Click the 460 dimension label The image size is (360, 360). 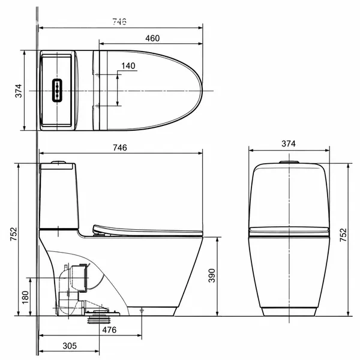point(152,38)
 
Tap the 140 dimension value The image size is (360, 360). point(128,66)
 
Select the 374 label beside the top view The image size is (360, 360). point(19,91)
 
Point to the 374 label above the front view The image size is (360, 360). point(289,144)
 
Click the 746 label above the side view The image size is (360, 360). point(120,148)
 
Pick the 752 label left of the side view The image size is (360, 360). point(14,234)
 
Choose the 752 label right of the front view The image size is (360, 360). point(343,235)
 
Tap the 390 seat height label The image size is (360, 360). point(212,275)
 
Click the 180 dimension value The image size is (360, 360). point(25,298)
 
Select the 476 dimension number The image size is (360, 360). point(109,330)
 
